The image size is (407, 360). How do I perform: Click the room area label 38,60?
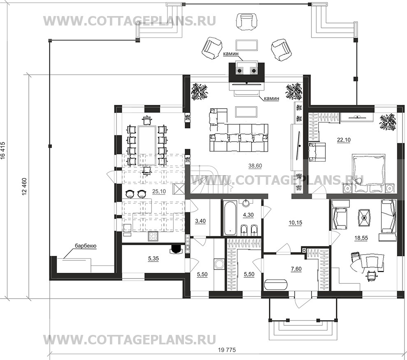(x=255, y=166)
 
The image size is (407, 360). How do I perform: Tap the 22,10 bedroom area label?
(x=344, y=140)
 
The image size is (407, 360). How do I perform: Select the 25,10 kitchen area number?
(x=159, y=192)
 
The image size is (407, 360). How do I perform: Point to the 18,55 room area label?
(x=361, y=238)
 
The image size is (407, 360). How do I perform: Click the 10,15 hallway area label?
(x=295, y=223)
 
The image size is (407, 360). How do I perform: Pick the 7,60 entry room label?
(x=296, y=269)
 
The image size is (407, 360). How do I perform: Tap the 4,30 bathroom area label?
(x=248, y=215)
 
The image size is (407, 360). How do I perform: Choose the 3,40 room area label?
(x=200, y=221)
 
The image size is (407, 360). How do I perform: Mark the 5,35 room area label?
(x=153, y=258)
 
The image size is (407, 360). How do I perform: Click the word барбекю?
(x=86, y=246)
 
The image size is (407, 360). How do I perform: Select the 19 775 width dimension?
(x=227, y=350)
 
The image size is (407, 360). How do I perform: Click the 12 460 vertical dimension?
(x=25, y=186)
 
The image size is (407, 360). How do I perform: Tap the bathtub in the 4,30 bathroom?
(x=230, y=218)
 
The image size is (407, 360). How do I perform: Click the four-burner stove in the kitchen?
(x=153, y=237)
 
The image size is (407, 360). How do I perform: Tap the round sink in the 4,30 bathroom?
(x=246, y=202)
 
